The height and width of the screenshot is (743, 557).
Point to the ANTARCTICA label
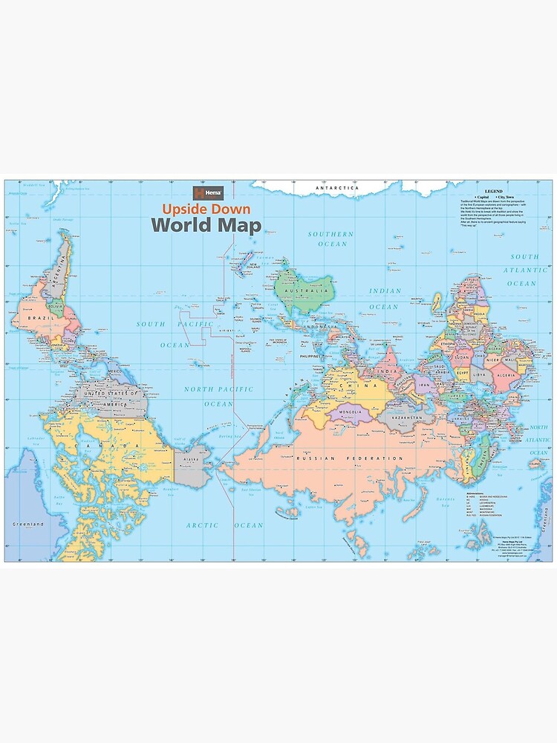point(337,189)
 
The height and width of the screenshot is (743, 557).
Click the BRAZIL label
point(37,317)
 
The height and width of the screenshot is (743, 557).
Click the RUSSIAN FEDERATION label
point(339,459)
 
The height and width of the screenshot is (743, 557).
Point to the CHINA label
point(350,386)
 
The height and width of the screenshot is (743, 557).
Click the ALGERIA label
point(506,376)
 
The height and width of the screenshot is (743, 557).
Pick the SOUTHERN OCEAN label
point(331,239)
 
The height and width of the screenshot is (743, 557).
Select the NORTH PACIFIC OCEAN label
point(218,396)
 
